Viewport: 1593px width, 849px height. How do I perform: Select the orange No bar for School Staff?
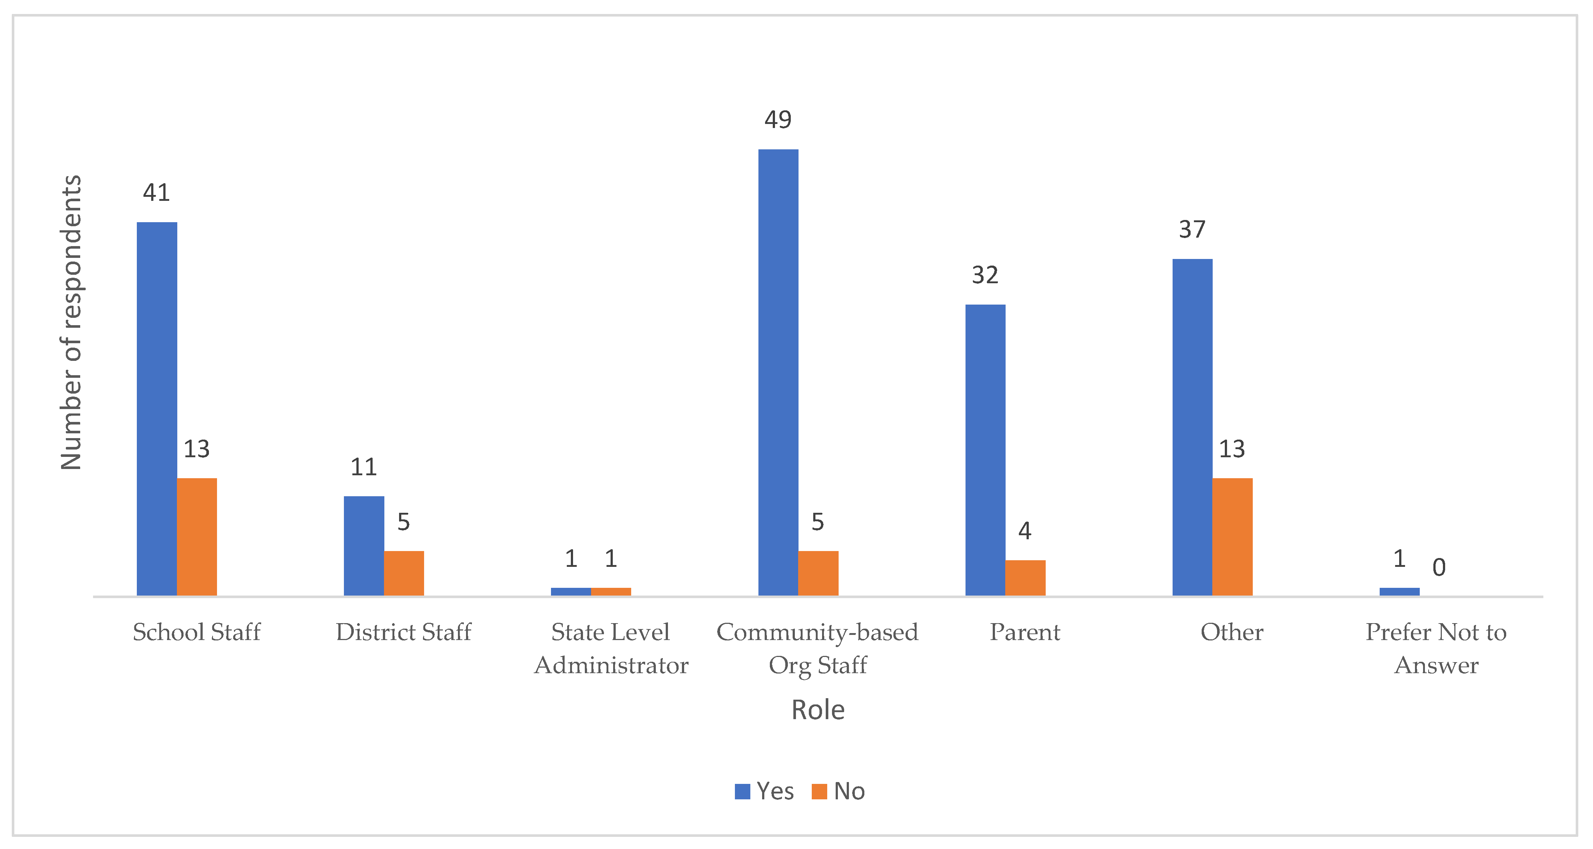(197, 537)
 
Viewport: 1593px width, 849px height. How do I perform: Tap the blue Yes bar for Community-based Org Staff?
(778, 372)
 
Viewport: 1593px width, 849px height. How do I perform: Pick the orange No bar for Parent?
(1025, 578)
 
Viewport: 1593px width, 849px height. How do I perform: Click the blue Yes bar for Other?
(1192, 427)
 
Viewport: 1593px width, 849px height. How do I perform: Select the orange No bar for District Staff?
(404, 573)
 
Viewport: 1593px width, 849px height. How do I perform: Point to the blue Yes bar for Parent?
(985, 450)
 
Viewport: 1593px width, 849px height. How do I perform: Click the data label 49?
(778, 119)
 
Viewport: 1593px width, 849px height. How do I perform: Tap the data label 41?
(156, 192)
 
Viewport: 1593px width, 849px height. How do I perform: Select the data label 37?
(1192, 230)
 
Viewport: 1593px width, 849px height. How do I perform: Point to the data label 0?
(1439, 567)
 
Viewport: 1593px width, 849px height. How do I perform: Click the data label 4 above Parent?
(1025, 530)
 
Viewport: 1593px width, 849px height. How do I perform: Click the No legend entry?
(839, 791)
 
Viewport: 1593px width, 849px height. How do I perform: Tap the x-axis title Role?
(818, 710)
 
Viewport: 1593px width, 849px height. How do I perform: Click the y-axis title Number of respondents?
(71, 322)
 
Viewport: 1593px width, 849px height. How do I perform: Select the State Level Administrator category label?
(611, 648)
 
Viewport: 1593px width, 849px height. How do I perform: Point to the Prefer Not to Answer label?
(1436, 648)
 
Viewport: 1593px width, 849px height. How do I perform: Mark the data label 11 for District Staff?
(364, 467)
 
